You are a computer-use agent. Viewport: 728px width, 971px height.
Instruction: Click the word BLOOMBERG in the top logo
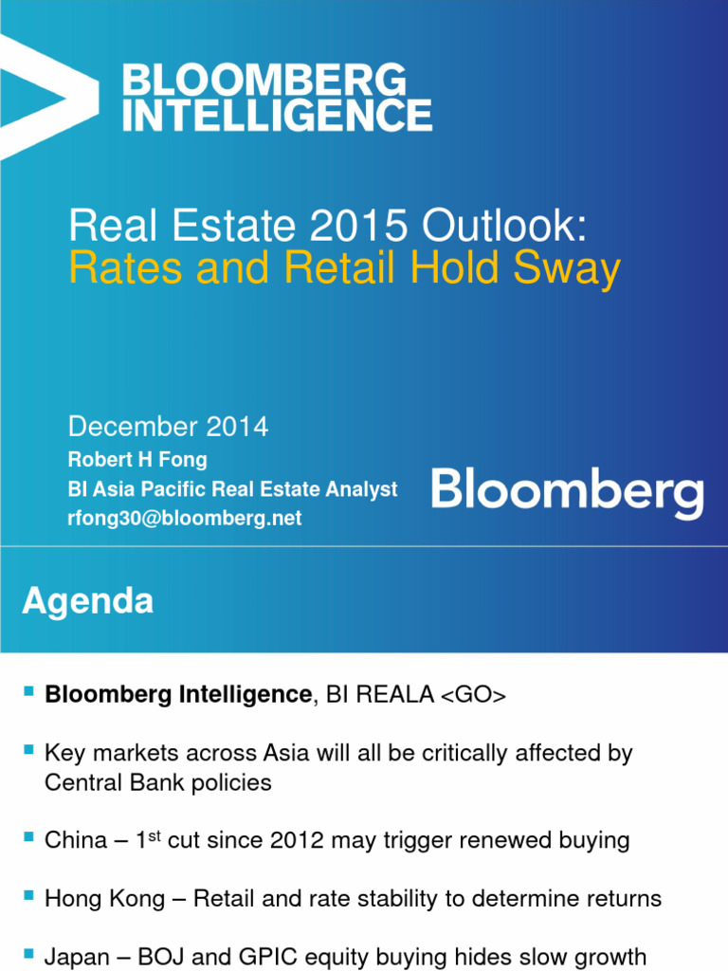click(264, 82)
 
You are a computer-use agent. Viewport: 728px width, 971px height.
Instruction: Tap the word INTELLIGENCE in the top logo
click(278, 116)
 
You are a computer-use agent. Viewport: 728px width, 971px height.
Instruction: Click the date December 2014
click(168, 428)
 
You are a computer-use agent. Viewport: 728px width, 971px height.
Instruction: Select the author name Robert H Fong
click(137, 460)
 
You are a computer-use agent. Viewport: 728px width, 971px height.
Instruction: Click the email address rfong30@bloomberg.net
click(185, 519)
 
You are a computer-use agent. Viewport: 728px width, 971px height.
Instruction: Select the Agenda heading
click(87, 601)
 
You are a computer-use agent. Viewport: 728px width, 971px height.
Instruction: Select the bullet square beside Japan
click(27, 955)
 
